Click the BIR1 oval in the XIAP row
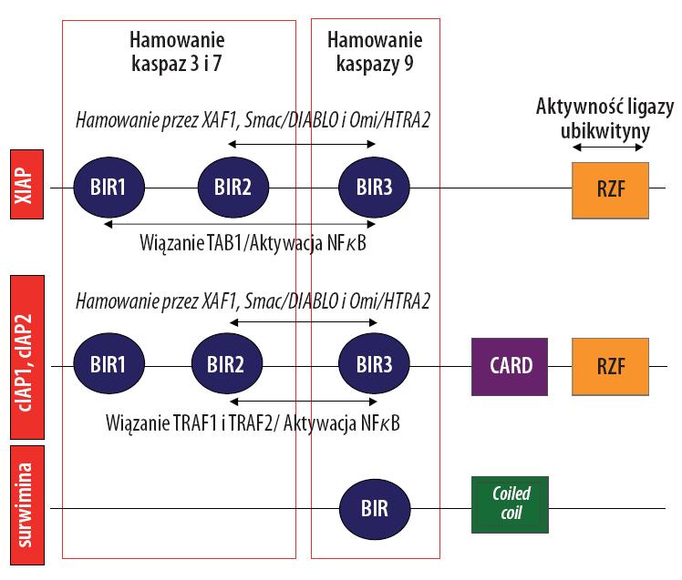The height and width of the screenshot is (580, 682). pyautogui.click(x=108, y=188)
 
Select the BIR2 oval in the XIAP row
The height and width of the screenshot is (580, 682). pyautogui.click(x=233, y=188)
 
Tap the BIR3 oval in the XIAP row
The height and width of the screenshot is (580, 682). pyautogui.click(x=374, y=188)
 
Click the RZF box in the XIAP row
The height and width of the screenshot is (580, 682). pyautogui.click(x=610, y=190)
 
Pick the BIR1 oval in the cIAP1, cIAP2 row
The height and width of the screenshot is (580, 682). pyautogui.click(x=108, y=363)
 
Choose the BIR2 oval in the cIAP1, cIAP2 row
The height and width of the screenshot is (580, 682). pyautogui.click(x=227, y=363)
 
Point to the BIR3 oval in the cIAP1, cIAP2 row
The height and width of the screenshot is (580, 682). pyautogui.click(x=374, y=363)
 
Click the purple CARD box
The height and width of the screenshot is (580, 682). pyautogui.click(x=510, y=367)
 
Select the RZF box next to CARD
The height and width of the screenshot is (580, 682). pyautogui.click(x=610, y=367)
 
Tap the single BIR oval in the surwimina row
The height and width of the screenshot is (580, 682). pyautogui.click(x=375, y=509)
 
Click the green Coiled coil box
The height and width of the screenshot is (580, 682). pyautogui.click(x=510, y=504)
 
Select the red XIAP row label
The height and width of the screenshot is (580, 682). pyautogui.click(x=27, y=184)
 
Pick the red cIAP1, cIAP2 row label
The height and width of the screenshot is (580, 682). pyautogui.click(x=27, y=357)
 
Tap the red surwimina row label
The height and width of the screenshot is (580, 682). pyautogui.click(x=27, y=504)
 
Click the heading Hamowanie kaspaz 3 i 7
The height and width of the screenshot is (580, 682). pyautogui.click(x=177, y=52)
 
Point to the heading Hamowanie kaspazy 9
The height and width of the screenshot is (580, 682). pyautogui.click(x=375, y=52)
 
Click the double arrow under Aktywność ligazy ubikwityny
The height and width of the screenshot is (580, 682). pyautogui.click(x=607, y=148)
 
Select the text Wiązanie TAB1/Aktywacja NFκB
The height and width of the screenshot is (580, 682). pyautogui.click(x=253, y=243)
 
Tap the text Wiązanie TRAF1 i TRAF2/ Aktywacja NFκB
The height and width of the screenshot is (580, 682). pyautogui.click(x=253, y=422)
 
